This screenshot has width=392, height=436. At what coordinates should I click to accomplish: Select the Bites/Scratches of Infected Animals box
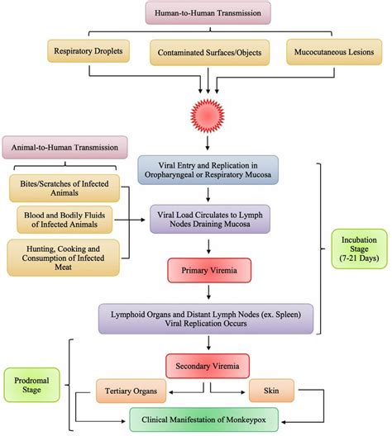(x=65, y=187)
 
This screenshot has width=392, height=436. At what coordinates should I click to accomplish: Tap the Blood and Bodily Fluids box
(x=65, y=219)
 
